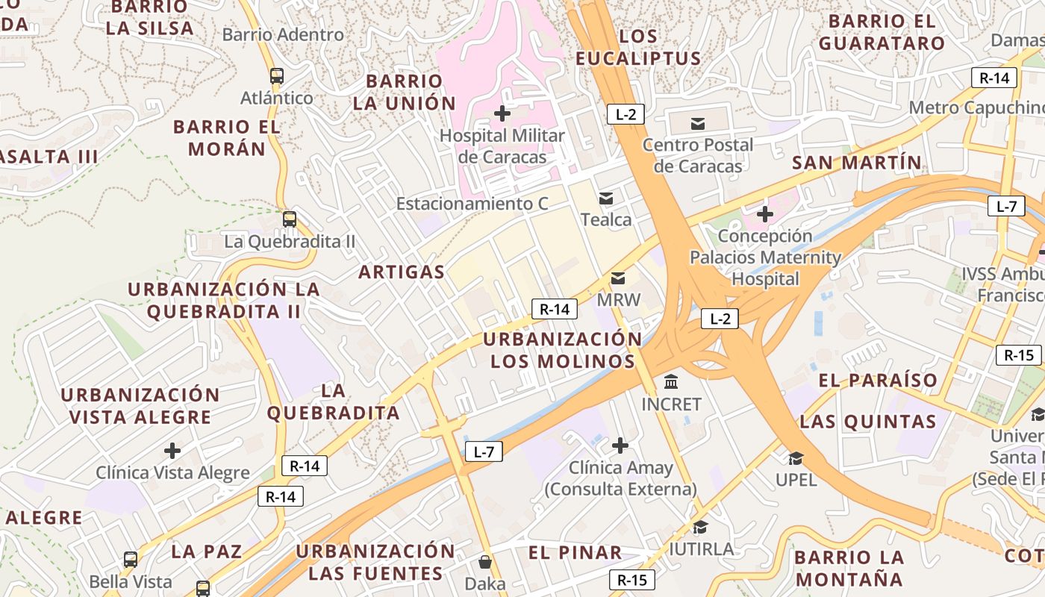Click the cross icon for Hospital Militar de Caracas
click(x=503, y=113)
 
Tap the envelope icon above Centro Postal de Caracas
click(x=698, y=123)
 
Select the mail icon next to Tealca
click(x=606, y=199)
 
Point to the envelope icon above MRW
click(x=618, y=278)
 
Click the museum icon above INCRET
click(x=671, y=382)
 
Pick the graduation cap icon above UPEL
click(x=796, y=458)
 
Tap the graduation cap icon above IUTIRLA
click(x=700, y=528)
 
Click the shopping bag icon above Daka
click(x=485, y=561)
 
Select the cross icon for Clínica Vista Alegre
click(x=172, y=451)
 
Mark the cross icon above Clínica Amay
click(x=620, y=446)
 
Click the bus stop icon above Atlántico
click(x=277, y=75)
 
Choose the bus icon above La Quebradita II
click(x=290, y=219)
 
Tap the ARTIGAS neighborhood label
click(x=402, y=272)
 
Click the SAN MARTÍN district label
click(x=857, y=163)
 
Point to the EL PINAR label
click(x=575, y=553)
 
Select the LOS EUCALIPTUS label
click(x=638, y=47)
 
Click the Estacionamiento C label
click(x=472, y=204)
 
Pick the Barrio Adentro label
click(x=283, y=34)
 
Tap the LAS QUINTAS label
click(x=868, y=422)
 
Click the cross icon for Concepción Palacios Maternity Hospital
click(x=764, y=215)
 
